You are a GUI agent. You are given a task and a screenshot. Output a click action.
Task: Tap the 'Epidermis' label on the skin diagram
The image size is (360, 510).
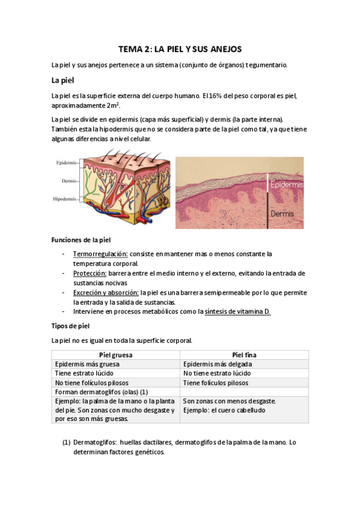point(66,163)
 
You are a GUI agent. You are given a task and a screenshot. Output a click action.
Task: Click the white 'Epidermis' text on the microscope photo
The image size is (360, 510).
point(287,185)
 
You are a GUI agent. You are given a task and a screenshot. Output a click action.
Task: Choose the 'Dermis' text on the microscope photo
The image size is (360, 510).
point(282,214)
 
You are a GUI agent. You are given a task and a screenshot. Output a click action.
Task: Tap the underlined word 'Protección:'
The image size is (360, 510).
point(90,273)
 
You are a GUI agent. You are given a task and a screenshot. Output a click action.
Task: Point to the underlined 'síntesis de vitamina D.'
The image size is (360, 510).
point(237,312)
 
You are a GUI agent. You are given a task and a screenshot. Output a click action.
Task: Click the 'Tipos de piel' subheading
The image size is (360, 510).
point(71,326)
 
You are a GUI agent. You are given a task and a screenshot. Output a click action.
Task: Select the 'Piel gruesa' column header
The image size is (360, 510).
point(115,355)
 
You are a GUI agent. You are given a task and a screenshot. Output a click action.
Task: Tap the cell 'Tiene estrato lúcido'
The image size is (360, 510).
point(84,373)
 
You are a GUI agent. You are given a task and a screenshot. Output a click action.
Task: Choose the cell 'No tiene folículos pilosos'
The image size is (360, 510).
point(91,382)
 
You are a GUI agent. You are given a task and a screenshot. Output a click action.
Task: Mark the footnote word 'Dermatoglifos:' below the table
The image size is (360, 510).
point(94,443)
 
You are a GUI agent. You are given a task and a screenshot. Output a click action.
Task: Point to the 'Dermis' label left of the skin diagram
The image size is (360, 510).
point(67,180)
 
